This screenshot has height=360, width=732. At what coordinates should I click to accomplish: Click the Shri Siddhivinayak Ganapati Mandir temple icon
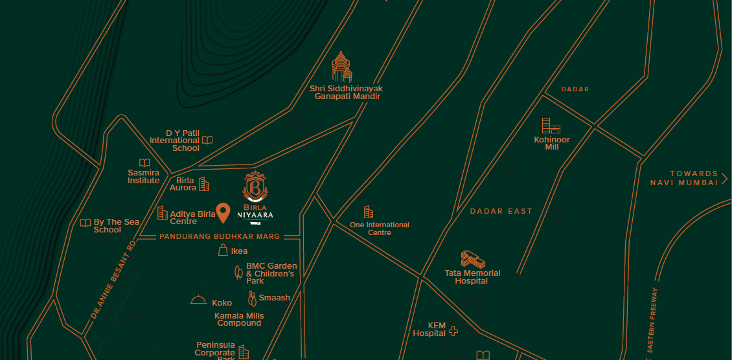pos(341,67)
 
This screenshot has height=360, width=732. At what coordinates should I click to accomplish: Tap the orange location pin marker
pos(223,212)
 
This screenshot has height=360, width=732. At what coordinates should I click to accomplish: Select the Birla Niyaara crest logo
pos(256,187)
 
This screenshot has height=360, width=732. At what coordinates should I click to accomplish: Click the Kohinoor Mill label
pos(552,143)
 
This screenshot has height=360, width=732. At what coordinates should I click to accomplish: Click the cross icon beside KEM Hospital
pos(453,331)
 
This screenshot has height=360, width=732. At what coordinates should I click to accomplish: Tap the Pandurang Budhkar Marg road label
pos(220,237)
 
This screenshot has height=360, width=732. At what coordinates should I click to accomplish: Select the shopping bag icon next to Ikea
pos(223,251)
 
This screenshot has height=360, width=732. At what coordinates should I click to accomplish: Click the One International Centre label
pos(380,229)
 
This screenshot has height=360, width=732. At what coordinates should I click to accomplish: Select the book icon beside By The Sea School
pos(85,223)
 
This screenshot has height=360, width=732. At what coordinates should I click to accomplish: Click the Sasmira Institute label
pos(143,176)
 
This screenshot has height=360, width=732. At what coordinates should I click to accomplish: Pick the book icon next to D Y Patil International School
pos(207,140)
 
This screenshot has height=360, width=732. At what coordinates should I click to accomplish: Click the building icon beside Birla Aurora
pos(204,185)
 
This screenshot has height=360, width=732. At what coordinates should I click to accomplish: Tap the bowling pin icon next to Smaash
pos(252,298)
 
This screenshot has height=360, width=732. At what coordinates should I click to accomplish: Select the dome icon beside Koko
pos(198,300)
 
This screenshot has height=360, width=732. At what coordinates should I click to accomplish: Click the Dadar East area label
pos(501,211)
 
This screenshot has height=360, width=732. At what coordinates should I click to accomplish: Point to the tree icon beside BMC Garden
pos(238,273)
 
